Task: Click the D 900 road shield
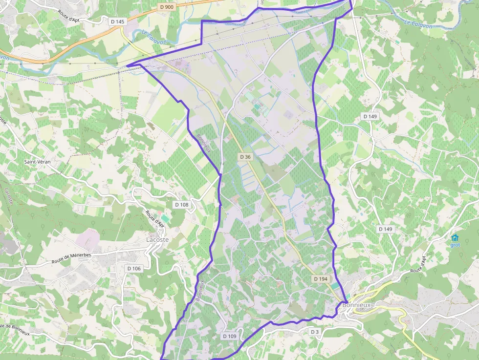(x=167, y=7)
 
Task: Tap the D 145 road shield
(x=118, y=21)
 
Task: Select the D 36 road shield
(x=245, y=157)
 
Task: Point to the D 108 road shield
(x=181, y=205)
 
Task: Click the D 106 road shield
(x=134, y=268)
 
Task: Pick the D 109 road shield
(x=230, y=336)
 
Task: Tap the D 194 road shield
(x=321, y=278)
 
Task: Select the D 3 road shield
(x=314, y=332)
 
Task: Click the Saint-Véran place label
(x=38, y=161)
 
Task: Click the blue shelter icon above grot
(x=455, y=238)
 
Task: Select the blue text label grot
(x=455, y=245)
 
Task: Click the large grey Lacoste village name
(x=157, y=240)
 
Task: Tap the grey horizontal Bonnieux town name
(x=357, y=305)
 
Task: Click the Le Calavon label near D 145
(x=154, y=38)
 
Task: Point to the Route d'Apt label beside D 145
(x=68, y=16)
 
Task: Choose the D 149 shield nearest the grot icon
(x=385, y=229)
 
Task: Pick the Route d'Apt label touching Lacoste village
(x=155, y=218)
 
